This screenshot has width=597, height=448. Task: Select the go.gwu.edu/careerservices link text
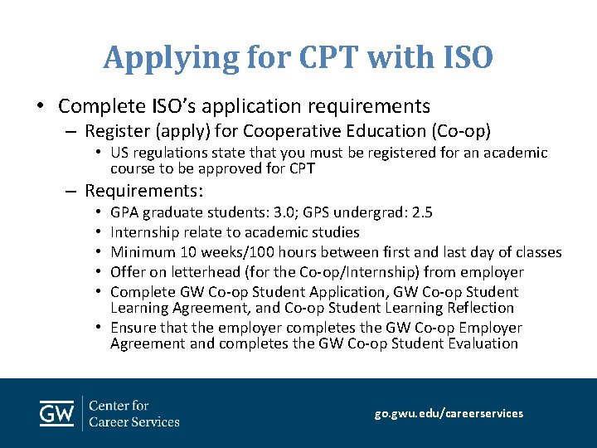tap(449, 413)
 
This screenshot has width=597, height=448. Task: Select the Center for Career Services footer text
tap(133, 413)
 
